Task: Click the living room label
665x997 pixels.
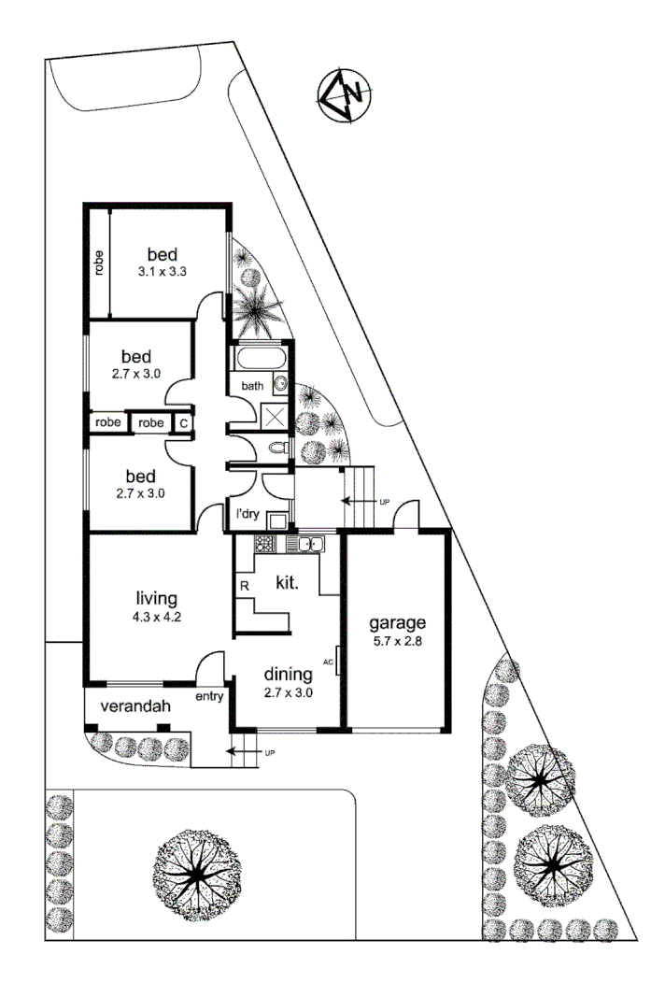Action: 156,598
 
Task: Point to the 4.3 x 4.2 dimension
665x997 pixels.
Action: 156,617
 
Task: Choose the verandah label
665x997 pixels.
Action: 127,706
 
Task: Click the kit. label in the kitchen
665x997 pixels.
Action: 287,583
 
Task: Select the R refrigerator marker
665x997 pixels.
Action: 244,586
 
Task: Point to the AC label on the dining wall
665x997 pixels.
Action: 328,662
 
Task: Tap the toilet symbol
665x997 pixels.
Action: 277,450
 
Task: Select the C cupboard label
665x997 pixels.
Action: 184,423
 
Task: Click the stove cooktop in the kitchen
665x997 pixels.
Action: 262,545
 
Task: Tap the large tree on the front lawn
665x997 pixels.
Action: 197,871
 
